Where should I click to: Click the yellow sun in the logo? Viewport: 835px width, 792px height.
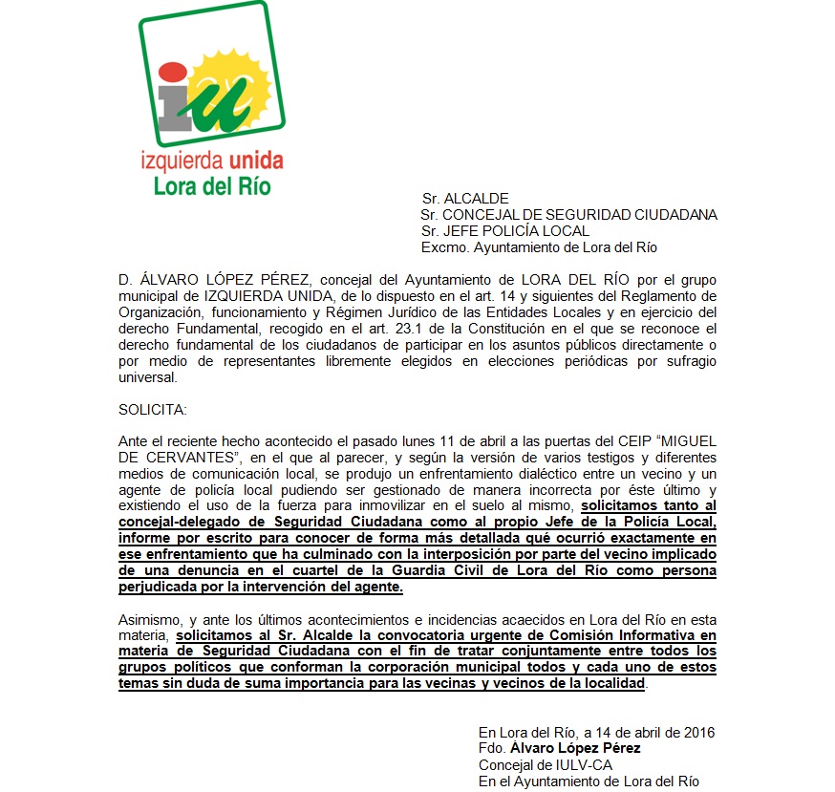coord(226,75)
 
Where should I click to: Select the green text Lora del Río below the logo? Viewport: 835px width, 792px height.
coord(212,184)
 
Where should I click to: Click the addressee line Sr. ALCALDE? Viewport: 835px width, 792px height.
coord(465,199)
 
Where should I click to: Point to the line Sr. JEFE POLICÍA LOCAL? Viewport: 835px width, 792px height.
coord(505,230)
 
